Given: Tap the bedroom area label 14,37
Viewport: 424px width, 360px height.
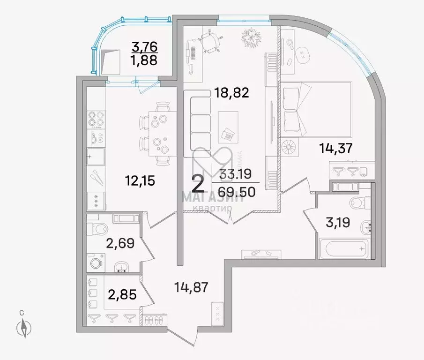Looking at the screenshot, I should click(336, 150).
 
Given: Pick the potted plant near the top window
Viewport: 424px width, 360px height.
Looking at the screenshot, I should click(253, 37).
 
